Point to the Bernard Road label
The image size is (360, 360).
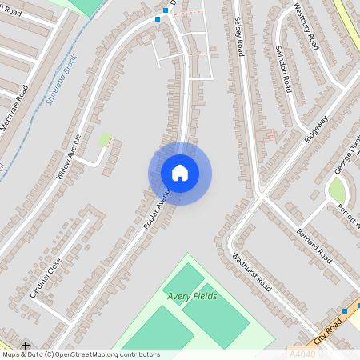(x=314, y=245)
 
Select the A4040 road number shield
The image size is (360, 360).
(x=301, y=353)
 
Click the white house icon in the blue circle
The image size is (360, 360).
(x=180, y=173)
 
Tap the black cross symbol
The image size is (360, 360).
(x=26, y=346)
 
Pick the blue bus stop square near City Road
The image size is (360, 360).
(x=345, y=310)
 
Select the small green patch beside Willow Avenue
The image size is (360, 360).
(x=104, y=140)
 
